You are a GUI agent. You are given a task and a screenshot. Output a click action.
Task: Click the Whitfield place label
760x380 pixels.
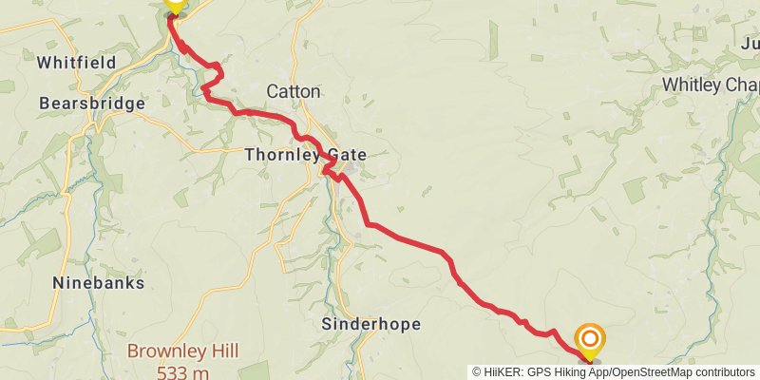76,63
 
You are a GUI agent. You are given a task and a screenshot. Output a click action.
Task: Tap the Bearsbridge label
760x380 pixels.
92,103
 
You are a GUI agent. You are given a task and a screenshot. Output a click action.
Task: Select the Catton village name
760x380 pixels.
294,92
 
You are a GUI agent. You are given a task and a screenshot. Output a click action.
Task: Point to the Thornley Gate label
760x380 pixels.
305,154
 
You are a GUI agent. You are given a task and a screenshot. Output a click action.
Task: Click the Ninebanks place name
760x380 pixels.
99,282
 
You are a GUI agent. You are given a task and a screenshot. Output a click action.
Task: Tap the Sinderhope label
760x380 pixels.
370,324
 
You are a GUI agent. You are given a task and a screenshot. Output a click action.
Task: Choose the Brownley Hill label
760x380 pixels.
183,351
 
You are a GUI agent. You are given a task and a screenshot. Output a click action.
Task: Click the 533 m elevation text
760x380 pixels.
183,371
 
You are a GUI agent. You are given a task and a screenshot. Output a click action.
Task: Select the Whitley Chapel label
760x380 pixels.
711,85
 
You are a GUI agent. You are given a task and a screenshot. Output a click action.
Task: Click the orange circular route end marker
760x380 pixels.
590,339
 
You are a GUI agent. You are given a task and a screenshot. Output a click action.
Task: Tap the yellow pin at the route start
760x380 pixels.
174,4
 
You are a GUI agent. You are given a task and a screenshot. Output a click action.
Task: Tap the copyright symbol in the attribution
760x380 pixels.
477,372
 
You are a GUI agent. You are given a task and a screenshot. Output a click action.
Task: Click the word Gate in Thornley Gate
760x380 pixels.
346,154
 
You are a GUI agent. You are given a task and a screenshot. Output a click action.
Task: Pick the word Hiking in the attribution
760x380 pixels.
566,372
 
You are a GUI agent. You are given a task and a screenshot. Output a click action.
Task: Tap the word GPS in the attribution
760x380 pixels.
536,372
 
